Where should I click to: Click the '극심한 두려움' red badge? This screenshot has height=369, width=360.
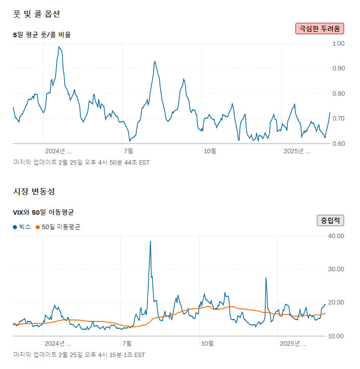click(319, 28)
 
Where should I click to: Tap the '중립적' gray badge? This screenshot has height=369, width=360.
click(331, 220)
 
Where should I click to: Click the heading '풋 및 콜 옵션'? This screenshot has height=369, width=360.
click(37, 13)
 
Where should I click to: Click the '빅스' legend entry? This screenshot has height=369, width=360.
click(21, 227)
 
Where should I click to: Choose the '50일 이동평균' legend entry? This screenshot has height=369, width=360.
click(58, 227)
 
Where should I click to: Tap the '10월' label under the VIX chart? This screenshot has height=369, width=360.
click(207, 343)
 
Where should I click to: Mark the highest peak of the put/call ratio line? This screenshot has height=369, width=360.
click(59, 47)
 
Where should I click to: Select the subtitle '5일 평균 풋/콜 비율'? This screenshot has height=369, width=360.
click(42, 35)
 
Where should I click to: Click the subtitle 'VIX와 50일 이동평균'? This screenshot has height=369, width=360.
click(43, 212)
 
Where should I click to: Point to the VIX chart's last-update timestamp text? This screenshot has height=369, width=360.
click(79, 355)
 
